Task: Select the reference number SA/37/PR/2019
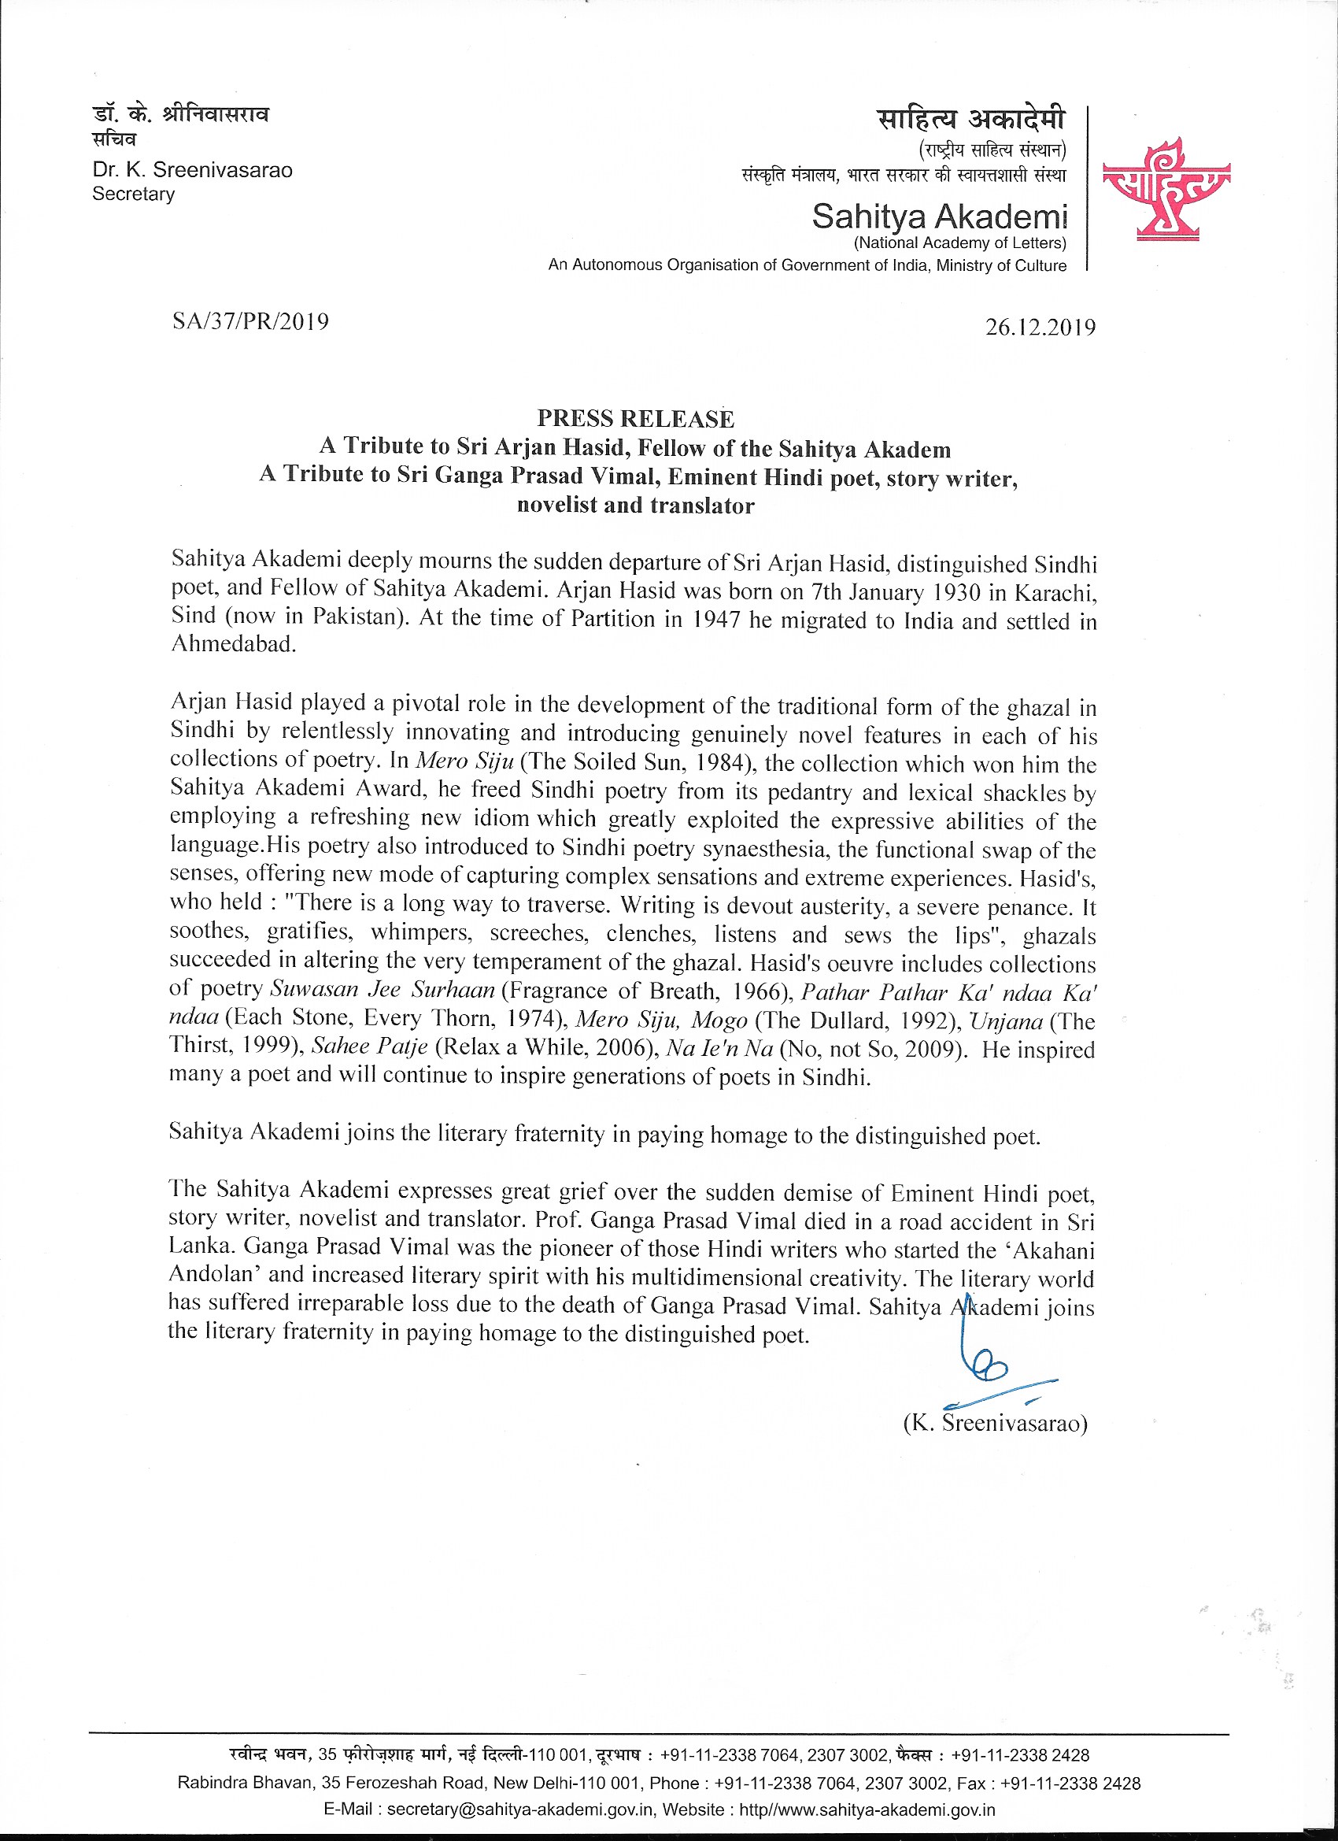251,322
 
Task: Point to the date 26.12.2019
1040,327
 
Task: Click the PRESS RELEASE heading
635,419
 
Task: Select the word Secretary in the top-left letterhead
134,194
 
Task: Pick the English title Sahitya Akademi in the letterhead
940,217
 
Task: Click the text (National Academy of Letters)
960,243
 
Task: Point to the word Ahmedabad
233,645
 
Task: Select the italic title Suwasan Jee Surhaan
383,991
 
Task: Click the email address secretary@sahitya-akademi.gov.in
520,1810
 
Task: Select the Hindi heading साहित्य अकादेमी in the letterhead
971,120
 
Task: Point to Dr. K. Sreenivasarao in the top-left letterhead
192,170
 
